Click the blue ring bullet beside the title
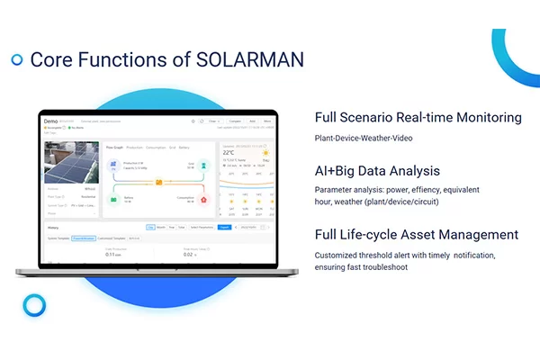pos(16,59)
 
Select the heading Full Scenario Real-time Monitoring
pos(418,118)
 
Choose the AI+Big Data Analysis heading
pos(377,170)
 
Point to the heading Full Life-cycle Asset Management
pos(417,234)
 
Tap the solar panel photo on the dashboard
pos(71,161)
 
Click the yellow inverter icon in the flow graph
pos(158,183)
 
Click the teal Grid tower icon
pos(203,166)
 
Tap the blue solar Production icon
pos(114,166)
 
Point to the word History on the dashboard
pos(53,228)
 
